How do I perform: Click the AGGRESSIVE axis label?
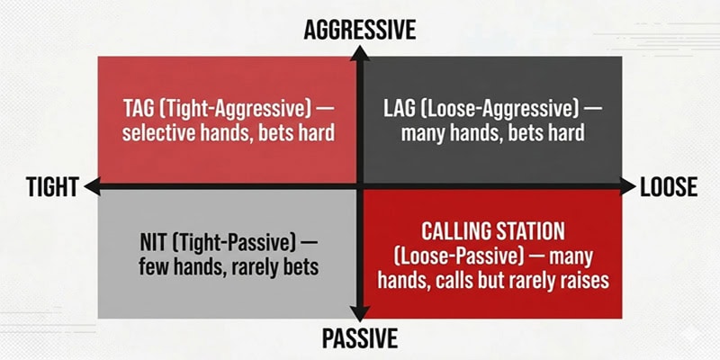pyautogui.click(x=359, y=29)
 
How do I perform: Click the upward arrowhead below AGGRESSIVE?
pyautogui.click(x=359, y=52)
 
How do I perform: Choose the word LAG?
pyautogui.click(x=400, y=109)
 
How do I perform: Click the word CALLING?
pyautogui.click(x=455, y=232)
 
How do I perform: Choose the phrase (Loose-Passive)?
pyautogui.click(x=452, y=256)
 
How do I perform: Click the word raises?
pyautogui.click(x=581, y=281)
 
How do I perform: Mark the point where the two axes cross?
pyautogui.click(x=359, y=187)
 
